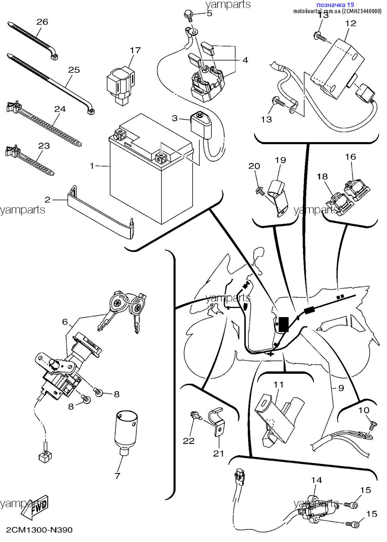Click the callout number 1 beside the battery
pos(92,166)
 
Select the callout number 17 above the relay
pos(135,50)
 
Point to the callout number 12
pos(351,23)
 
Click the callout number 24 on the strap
pos(60,109)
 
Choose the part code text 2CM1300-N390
pos(39,530)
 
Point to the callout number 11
pos(279,385)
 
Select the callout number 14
pos(316,480)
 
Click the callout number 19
pos(280,160)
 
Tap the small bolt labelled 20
pos(260,190)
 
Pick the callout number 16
pos(351,157)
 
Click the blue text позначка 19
pos(335,5)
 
